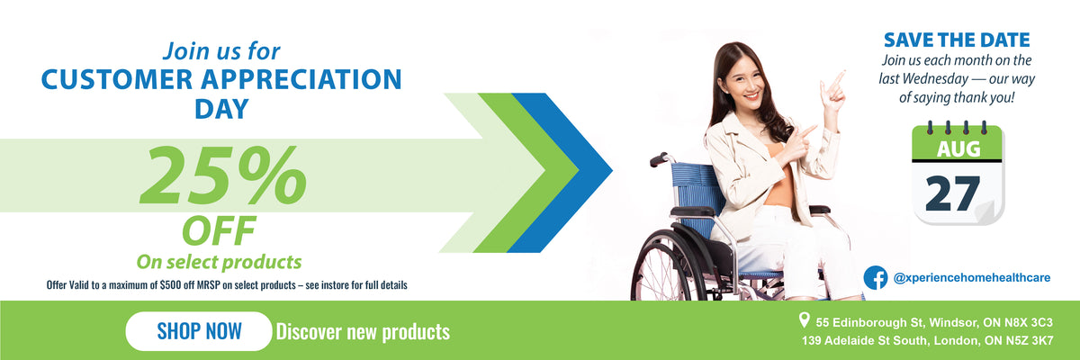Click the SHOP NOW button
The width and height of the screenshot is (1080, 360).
click(199, 331)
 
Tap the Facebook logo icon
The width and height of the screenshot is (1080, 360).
click(876, 277)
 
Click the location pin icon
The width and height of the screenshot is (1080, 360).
click(804, 319)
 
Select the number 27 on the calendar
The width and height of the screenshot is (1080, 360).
click(953, 193)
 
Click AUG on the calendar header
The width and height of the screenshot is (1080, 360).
click(958, 148)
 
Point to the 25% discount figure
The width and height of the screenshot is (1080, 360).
click(223, 175)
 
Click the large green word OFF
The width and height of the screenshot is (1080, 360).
click(219, 230)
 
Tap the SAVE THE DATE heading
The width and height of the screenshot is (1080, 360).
click(957, 40)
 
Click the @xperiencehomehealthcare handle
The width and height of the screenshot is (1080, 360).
click(971, 277)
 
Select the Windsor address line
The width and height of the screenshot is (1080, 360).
click(934, 322)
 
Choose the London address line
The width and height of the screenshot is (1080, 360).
click(927, 341)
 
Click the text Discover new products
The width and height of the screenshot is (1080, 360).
click(363, 331)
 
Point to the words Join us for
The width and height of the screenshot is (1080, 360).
click(221, 51)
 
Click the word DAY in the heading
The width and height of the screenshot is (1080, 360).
click(221, 108)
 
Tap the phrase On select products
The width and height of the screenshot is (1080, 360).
click(219, 262)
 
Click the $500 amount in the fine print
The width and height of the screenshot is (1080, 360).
click(170, 284)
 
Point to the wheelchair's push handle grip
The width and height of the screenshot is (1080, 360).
click(658, 159)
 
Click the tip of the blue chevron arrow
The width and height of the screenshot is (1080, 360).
click(612, 169)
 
